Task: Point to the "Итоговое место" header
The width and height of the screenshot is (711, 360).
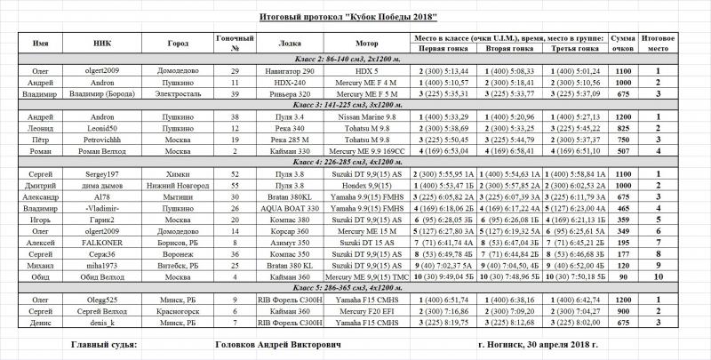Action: pos(656,42)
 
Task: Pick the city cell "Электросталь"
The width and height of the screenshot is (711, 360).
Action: pos(178,92)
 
